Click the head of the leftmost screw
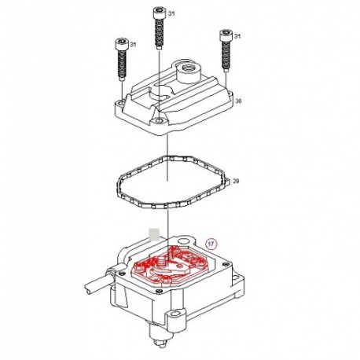121,44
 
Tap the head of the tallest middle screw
159,13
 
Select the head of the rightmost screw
226,35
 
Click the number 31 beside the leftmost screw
133,45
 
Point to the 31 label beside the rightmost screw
237,36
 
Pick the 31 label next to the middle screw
171,13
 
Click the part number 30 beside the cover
238,101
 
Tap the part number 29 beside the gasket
236,181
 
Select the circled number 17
211,244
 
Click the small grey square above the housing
154,234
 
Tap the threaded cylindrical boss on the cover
189,72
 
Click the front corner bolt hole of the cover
159,121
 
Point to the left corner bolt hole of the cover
121,103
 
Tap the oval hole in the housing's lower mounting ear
174,314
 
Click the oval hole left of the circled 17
183,241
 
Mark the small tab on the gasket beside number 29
228,181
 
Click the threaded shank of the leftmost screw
121,65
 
